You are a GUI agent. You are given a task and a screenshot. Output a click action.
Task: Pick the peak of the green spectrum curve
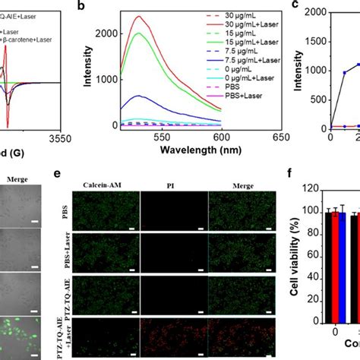(x=180, y=34)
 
